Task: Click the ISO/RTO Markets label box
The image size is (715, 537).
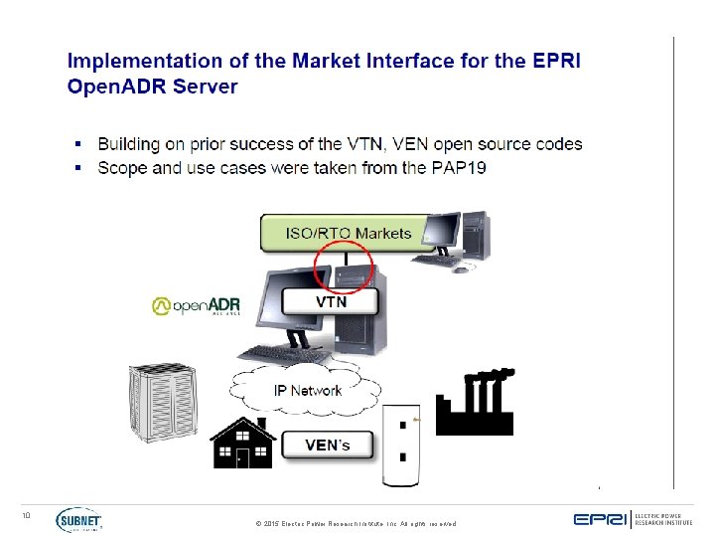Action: point(348,234)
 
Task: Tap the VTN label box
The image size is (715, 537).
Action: point(331,300)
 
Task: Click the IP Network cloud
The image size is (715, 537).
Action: point(307,389)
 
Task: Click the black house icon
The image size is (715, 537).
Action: point(241,444)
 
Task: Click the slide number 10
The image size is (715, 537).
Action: point(27,514)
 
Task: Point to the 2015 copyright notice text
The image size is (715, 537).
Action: point(356,523)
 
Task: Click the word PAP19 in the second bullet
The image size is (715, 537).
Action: point(458,168)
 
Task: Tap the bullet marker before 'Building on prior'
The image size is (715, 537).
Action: point(77,144)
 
